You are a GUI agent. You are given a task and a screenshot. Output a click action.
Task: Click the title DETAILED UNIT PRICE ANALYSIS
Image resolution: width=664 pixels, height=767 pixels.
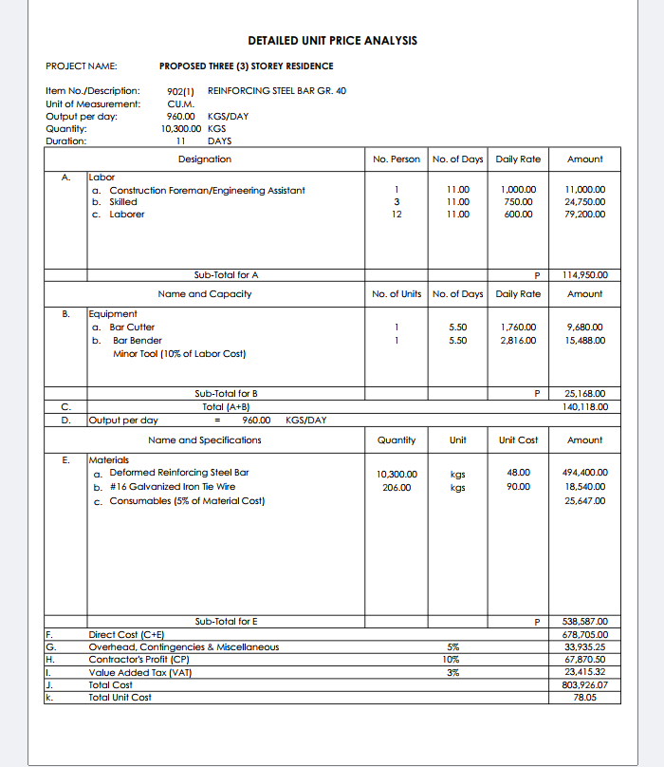point(332,41)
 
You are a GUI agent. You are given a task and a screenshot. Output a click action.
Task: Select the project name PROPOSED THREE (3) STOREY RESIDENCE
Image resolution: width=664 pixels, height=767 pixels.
point(246,65)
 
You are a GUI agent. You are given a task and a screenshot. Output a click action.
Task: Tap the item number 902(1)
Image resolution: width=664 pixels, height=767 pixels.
point(180,90)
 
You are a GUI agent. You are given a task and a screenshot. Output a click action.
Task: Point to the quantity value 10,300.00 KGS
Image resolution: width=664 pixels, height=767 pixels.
point(194,128)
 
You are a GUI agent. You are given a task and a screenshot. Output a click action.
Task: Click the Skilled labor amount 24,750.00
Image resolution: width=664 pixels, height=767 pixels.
point(584,202)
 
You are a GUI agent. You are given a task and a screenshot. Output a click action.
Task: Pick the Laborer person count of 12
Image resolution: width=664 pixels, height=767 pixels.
point(397,215)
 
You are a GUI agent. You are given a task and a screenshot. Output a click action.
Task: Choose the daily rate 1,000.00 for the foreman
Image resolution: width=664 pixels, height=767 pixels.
point(518,190)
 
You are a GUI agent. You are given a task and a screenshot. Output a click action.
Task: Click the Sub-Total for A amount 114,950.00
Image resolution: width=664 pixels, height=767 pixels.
point(584,275)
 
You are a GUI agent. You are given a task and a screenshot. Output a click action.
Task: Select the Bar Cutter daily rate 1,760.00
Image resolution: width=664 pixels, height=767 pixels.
point(518,327)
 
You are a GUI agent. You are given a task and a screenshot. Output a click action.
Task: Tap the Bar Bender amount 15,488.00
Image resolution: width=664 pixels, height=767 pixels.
point(584,341)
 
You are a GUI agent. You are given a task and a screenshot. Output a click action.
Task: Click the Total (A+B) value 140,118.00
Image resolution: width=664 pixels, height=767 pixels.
point(584,406)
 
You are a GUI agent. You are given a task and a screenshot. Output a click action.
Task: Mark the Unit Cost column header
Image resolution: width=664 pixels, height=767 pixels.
point(518,440)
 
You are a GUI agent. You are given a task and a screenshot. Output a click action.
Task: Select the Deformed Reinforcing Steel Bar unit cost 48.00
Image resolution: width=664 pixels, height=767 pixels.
point(518,473)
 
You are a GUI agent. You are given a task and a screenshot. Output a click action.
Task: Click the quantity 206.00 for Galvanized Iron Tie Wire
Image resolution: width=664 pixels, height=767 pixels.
point(397,487)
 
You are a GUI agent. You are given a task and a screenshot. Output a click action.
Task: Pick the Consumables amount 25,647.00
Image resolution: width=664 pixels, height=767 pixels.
point(584,501)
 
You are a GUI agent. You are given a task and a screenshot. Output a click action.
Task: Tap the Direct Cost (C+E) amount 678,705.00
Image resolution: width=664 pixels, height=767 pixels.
point(584,634)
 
